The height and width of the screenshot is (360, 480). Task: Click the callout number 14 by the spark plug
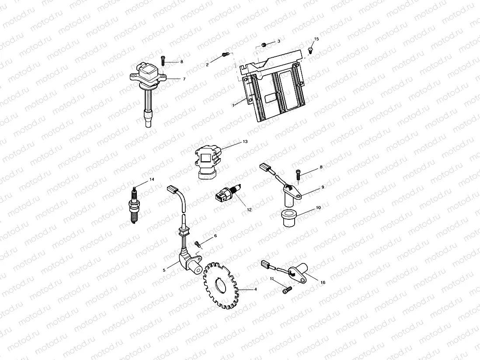pos(152,180)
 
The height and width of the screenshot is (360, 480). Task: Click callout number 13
pos(245,142)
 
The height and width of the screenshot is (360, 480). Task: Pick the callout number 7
pos(184,79)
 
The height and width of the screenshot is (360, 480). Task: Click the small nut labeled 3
pos(264,44)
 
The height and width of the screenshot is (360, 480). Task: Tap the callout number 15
pos(317,39)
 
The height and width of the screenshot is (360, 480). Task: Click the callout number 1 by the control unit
pos(234,105)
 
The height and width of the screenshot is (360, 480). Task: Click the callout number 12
pos(249,210)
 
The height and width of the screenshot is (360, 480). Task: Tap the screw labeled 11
pos(286,289)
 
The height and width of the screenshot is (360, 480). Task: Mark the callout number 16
pos(323,282)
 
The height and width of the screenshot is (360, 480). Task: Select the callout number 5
pos(164,270)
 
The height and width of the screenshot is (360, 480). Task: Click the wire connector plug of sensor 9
pos(265,167)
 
